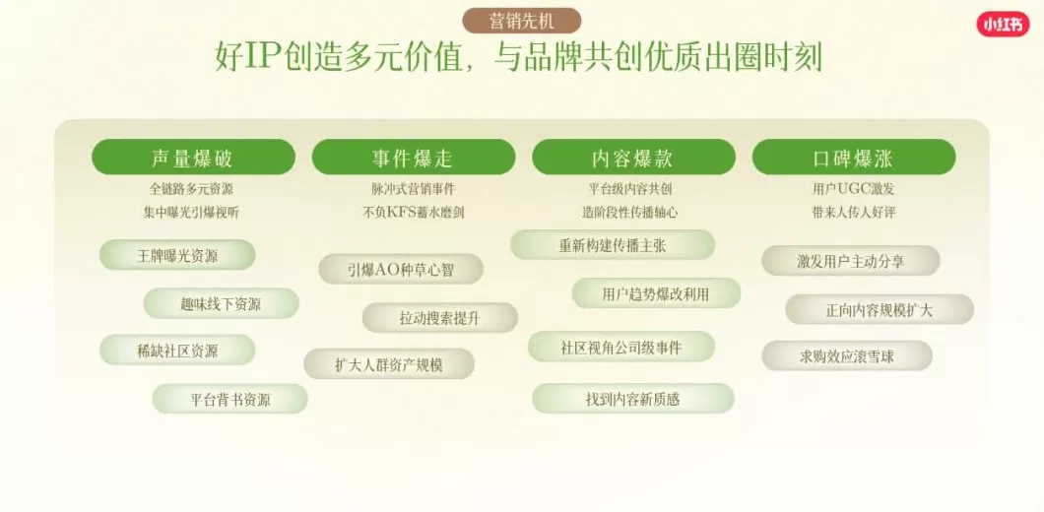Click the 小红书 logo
1003,25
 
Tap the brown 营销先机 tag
522,21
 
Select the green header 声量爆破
193,158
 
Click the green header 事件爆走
414,158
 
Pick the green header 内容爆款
633,158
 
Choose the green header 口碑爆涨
854,158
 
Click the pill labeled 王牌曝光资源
177,255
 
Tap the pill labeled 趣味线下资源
221,303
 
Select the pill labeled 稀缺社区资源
177,351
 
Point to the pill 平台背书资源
229,399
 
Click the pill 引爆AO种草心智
401,269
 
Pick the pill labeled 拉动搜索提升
440,318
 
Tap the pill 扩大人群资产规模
389,364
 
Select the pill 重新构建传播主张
613,245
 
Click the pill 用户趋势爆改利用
656,293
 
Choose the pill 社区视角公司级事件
621,347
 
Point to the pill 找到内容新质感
633,398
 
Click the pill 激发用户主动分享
850,260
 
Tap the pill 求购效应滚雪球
847,355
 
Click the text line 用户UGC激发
854,189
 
